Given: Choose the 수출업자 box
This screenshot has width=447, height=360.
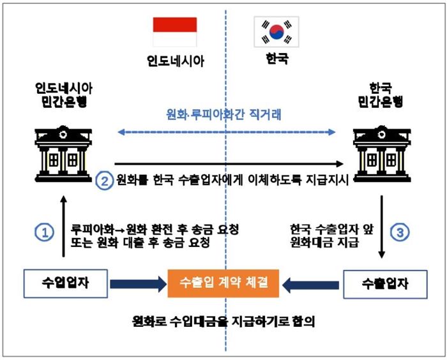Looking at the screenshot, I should click(x=385, y=284).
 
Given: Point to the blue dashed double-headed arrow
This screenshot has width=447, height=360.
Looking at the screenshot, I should click(x=227, y=133).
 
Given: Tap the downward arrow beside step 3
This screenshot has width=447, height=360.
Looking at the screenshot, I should click(x=382, y=227).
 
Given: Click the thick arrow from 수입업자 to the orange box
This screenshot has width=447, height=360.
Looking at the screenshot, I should click(x=138, y=283).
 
